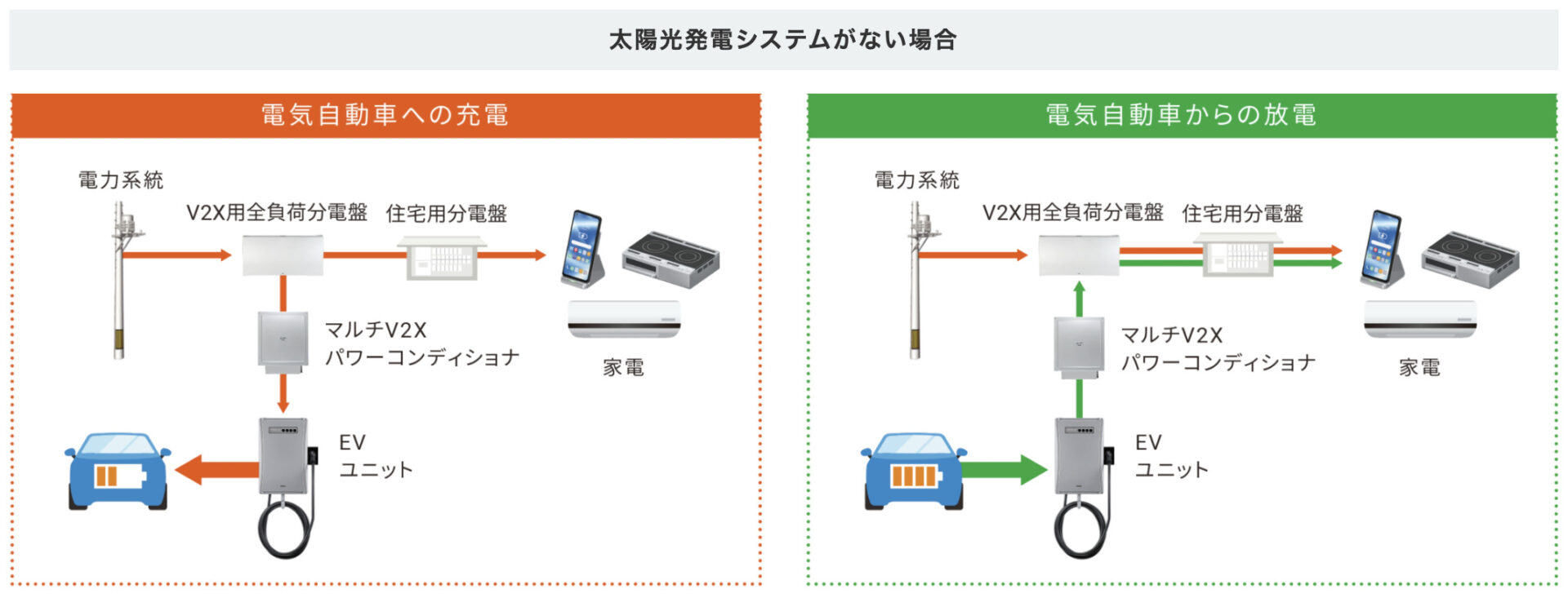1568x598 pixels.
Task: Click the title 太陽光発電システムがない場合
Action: [782, 39]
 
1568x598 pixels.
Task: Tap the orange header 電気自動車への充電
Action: [385, 115]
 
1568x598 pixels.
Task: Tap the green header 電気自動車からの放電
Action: [1181, 115]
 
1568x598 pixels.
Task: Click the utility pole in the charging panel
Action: [119, 281]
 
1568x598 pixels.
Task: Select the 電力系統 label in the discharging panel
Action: [916, 180]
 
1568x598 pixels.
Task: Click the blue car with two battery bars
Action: [118, 472]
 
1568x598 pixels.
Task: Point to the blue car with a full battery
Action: [914, 472]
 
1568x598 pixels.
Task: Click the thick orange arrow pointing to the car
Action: [216, 470]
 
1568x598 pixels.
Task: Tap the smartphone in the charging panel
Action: [582, 249]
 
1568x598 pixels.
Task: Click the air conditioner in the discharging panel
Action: [1420, 319]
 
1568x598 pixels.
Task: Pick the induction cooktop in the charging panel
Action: [670, 259]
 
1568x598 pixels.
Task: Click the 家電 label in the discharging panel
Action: [1419, 368]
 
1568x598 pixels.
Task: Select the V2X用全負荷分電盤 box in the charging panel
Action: [283, 255]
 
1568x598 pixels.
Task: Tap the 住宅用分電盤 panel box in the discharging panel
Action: [1237, 255]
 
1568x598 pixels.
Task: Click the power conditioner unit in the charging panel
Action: [283, 341]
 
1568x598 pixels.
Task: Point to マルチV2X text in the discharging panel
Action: [1171, 335]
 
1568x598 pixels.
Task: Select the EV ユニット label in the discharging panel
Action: [1170, 456]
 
